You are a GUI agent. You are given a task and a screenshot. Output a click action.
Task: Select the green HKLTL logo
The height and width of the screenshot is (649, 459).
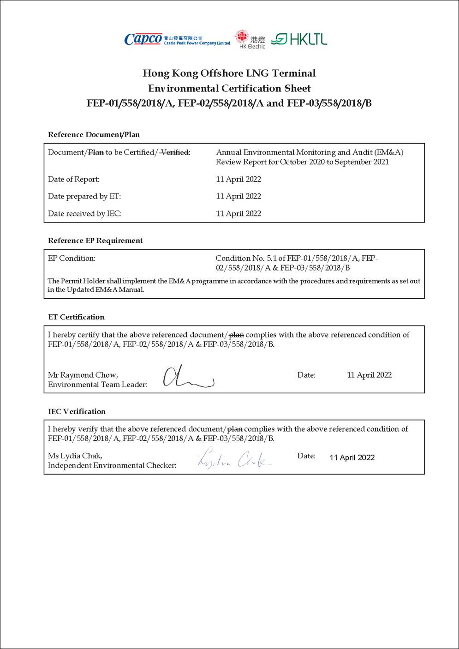point(299,39)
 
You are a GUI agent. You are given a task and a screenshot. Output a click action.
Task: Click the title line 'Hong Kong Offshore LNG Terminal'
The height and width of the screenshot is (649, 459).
point(229,73)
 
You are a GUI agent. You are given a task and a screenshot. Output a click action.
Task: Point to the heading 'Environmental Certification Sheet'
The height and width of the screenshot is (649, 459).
point(229,88)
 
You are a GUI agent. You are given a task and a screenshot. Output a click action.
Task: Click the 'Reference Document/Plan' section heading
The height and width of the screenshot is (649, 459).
point(94,135)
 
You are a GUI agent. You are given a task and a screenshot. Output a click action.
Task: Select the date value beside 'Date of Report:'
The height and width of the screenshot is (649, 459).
point(238,179)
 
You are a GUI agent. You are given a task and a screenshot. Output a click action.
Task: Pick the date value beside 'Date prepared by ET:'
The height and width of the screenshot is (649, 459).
point(238,196)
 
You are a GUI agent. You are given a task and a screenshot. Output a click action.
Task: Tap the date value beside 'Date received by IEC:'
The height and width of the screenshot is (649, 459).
point(238,214)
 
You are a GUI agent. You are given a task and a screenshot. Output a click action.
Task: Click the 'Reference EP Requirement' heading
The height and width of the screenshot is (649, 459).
point(95,240)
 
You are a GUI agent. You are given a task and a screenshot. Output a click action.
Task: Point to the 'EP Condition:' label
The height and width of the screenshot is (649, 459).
point(72,258)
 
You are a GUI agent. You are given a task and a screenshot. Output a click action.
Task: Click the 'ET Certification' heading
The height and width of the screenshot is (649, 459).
point(76,317)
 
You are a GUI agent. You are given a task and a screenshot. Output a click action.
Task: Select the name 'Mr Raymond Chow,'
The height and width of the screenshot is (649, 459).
point(83,375)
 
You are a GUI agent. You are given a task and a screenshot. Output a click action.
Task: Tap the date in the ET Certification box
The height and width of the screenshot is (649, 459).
point(369,375)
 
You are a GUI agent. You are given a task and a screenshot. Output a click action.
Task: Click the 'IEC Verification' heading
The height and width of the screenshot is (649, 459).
point(77,412)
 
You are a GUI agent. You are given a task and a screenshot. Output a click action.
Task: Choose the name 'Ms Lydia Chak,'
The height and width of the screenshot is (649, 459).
point(75,456)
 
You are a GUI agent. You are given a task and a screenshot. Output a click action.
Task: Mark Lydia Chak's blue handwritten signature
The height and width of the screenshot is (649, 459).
point(234,458)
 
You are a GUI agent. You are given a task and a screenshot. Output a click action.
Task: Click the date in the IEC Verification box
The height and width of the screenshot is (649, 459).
point(352,457)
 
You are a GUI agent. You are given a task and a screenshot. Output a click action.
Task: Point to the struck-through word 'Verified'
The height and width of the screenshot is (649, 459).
point(174,152)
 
